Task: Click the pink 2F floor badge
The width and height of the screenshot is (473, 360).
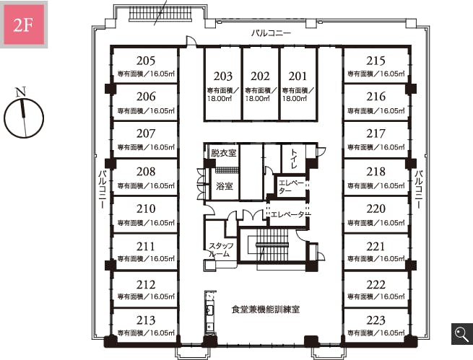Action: (24, 25)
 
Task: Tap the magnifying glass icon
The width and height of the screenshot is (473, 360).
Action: (462, 334)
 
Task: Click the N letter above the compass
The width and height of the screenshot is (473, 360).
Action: (21, 92)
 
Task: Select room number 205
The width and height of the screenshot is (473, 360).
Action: (146, 61)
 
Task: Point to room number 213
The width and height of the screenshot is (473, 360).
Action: (146, 320)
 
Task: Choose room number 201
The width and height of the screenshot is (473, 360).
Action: (298, 76)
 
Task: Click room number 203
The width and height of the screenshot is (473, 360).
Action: (223, 76)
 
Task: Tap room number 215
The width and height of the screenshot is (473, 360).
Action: (376, 61)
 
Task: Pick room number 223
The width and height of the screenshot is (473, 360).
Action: (376, 320)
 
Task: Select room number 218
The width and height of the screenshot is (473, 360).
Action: (376, 172)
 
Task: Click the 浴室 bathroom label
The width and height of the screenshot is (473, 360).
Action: (225, 186)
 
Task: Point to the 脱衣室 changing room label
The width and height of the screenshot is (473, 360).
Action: (224, 153)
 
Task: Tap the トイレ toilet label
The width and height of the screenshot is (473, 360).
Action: (294, 159)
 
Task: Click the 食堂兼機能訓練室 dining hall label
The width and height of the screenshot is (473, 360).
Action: (266, 309)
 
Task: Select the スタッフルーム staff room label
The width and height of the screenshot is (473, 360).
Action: (222, 250)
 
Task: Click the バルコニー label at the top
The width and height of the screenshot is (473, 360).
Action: (272, 33)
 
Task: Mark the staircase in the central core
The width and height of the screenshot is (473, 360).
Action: (272, 245)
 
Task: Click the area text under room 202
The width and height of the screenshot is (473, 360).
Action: (261, 95)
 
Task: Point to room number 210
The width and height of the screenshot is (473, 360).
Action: (146, 208)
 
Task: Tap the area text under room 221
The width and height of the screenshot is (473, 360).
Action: (376, 259)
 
